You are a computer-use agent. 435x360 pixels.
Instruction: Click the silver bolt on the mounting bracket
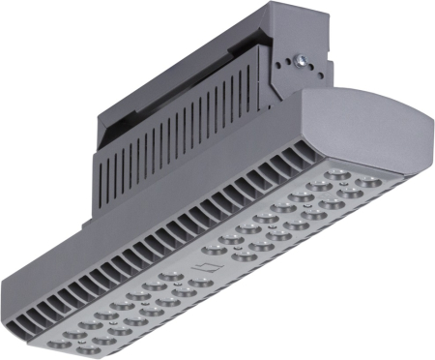point(302,59)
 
